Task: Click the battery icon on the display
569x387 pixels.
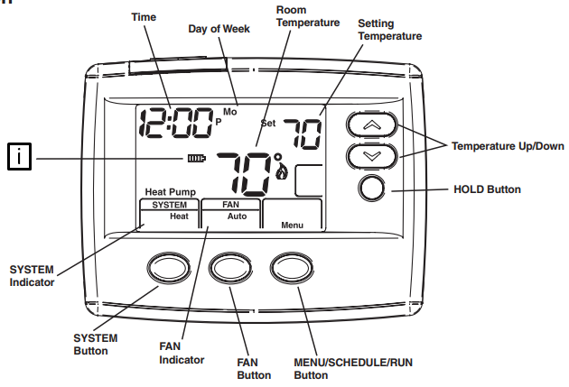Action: (196, 160)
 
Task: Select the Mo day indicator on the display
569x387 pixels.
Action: (229, 112)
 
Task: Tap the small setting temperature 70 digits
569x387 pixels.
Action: (303, 134)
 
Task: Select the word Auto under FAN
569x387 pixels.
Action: (237, 217)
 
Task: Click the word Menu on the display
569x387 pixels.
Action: (291, 224)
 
